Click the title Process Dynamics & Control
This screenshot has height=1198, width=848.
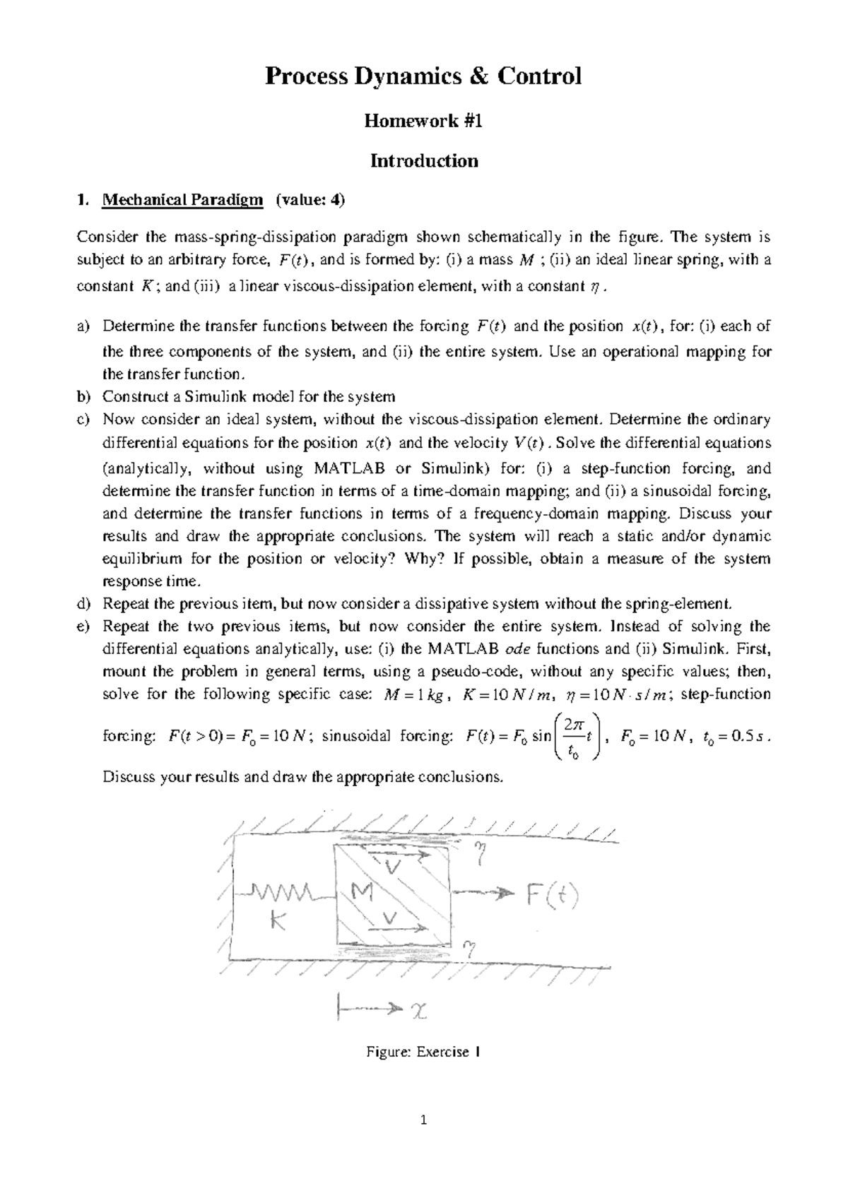pos(423,76)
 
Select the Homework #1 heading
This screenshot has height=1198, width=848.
pos(423,121)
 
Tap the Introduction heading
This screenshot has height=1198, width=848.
pos(424,161)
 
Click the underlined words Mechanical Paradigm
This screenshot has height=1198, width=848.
pos(182,201)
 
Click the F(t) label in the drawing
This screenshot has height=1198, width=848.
pos(552,896)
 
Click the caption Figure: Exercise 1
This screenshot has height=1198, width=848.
pos(423,1052)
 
